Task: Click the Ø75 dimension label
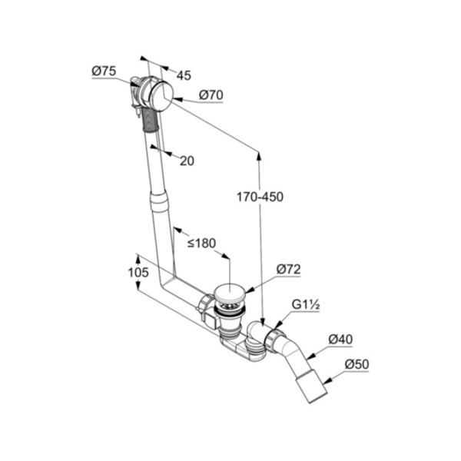point(104,71)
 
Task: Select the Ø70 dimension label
point(211,95)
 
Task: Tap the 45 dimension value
point(184,75)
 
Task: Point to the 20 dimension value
point(187,161)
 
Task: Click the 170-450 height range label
point(260,197)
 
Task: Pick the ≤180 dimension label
point(202,243)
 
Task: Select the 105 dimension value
point(138,273)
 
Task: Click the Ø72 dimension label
point(288,270)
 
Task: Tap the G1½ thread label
point(306,304)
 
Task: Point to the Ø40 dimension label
point(340,340)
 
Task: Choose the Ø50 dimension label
point(357,364)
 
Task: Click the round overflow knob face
point(161,96)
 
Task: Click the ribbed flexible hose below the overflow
point(151,119)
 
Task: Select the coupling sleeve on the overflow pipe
point(159,201)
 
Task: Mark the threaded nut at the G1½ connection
point(275,339)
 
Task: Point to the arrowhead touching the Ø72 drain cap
point(249,290)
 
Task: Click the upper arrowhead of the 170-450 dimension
point(259,156)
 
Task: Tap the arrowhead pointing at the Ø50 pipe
point(328,381)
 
